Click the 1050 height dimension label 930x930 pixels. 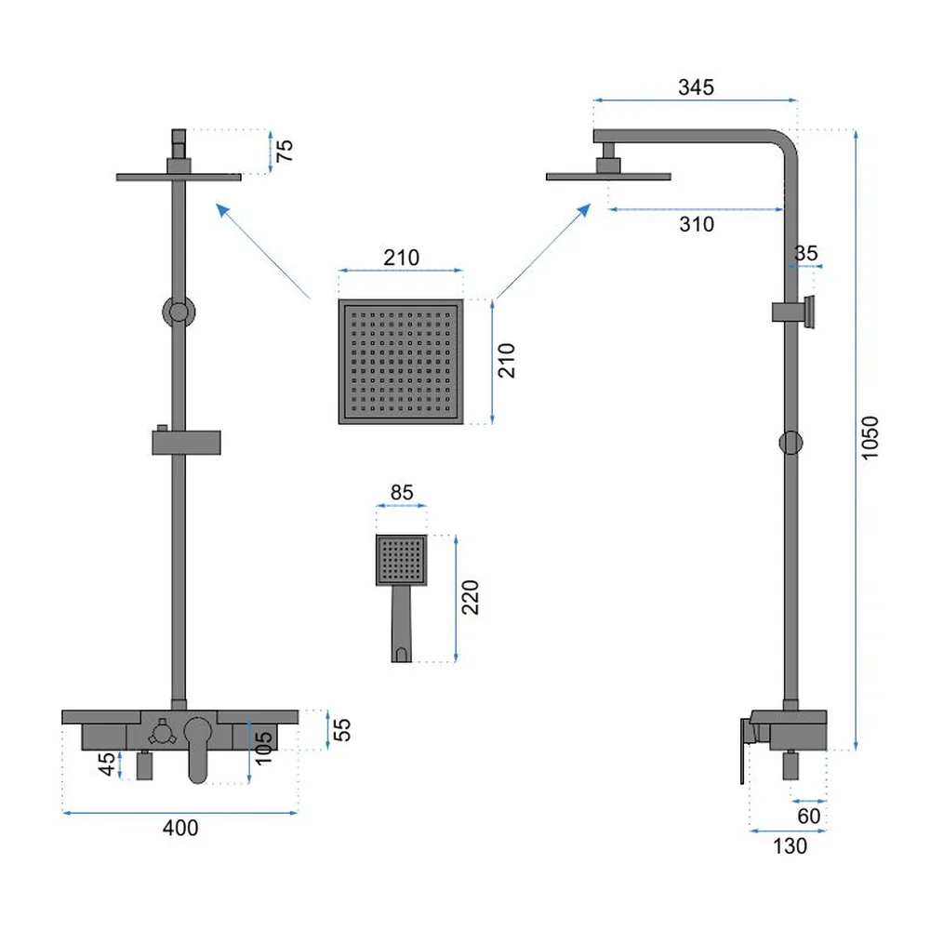[x=870, y=438]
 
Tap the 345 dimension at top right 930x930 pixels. [x=696, y=87]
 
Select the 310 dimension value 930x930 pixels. [x=697, y=224]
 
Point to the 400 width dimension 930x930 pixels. [x=180, y=828]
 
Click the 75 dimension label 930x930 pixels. [x=285, y=151]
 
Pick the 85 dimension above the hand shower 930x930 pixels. [x=402, y=492]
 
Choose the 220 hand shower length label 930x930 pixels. [x=470, y=597]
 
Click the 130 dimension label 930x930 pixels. [x=790, y=845]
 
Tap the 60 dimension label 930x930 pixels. [x=809, y=817]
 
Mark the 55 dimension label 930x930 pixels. [x=342, y=729]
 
